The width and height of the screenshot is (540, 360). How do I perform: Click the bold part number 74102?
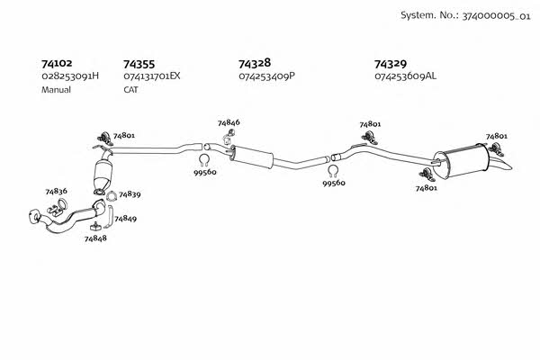pos(57,64)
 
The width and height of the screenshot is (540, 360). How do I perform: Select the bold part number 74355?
pos(139,65)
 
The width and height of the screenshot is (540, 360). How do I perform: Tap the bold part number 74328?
pos(255,63)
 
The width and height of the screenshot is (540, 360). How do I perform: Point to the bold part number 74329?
pos(391,64)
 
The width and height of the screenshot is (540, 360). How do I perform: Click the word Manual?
pos(56,90)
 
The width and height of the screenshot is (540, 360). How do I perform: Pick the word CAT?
pos(130,90)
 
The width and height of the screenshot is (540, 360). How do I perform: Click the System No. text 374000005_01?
pos(496,16)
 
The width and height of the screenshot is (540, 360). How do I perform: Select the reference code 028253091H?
pos(70,76)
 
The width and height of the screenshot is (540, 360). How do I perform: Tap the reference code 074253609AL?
pos(405,76)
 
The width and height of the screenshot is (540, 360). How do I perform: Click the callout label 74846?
pos(229,122)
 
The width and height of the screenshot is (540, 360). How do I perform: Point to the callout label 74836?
pos(57,191)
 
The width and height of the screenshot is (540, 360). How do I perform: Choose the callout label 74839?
pos(130,194)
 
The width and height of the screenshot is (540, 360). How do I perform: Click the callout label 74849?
pos(125,219)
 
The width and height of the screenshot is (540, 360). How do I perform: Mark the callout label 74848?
pos(95,238)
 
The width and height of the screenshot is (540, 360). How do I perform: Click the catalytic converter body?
pos(103,172)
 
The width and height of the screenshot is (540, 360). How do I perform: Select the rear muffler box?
pos(462,161)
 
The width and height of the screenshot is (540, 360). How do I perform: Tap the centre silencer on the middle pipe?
pos(252,157)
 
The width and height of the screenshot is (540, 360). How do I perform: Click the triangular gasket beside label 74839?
pos(111,196)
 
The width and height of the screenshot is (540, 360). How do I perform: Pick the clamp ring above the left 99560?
pos(204,159)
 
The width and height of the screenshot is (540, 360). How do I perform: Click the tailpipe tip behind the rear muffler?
pos(500,165)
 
